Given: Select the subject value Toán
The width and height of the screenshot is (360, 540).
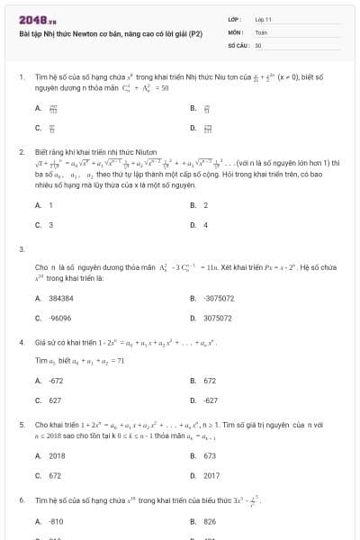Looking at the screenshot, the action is point(261,31).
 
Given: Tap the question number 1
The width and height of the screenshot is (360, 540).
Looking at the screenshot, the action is point(21,77).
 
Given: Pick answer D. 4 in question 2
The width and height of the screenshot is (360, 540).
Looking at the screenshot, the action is point(205,224).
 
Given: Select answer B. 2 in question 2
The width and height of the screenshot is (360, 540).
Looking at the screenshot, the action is point(205,205).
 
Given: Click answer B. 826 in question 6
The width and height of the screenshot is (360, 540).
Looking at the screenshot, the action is point(209,521).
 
